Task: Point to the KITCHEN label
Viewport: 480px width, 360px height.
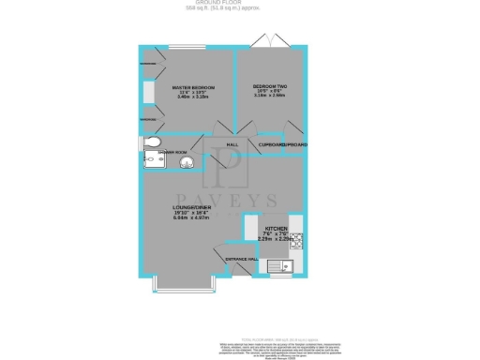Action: click(x=276, y=228)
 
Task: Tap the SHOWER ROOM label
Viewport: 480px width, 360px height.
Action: click(x=173, y=151)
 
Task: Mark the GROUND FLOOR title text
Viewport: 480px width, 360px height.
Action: click(x=240, y=3)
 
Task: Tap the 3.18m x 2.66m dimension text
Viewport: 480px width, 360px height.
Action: click(x=270, y=96)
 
